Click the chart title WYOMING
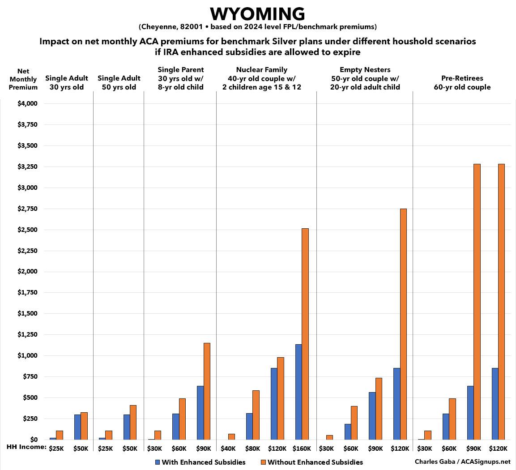258,14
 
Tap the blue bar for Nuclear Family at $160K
299,392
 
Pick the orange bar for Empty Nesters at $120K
403,324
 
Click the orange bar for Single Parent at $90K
207,391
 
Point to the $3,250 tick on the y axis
27,167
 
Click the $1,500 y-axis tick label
27,314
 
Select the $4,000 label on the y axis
27,104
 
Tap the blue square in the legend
158,461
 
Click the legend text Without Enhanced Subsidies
315,462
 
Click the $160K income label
302,448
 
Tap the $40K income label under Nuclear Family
228,448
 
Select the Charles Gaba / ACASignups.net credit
462,461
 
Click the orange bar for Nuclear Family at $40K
231,436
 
